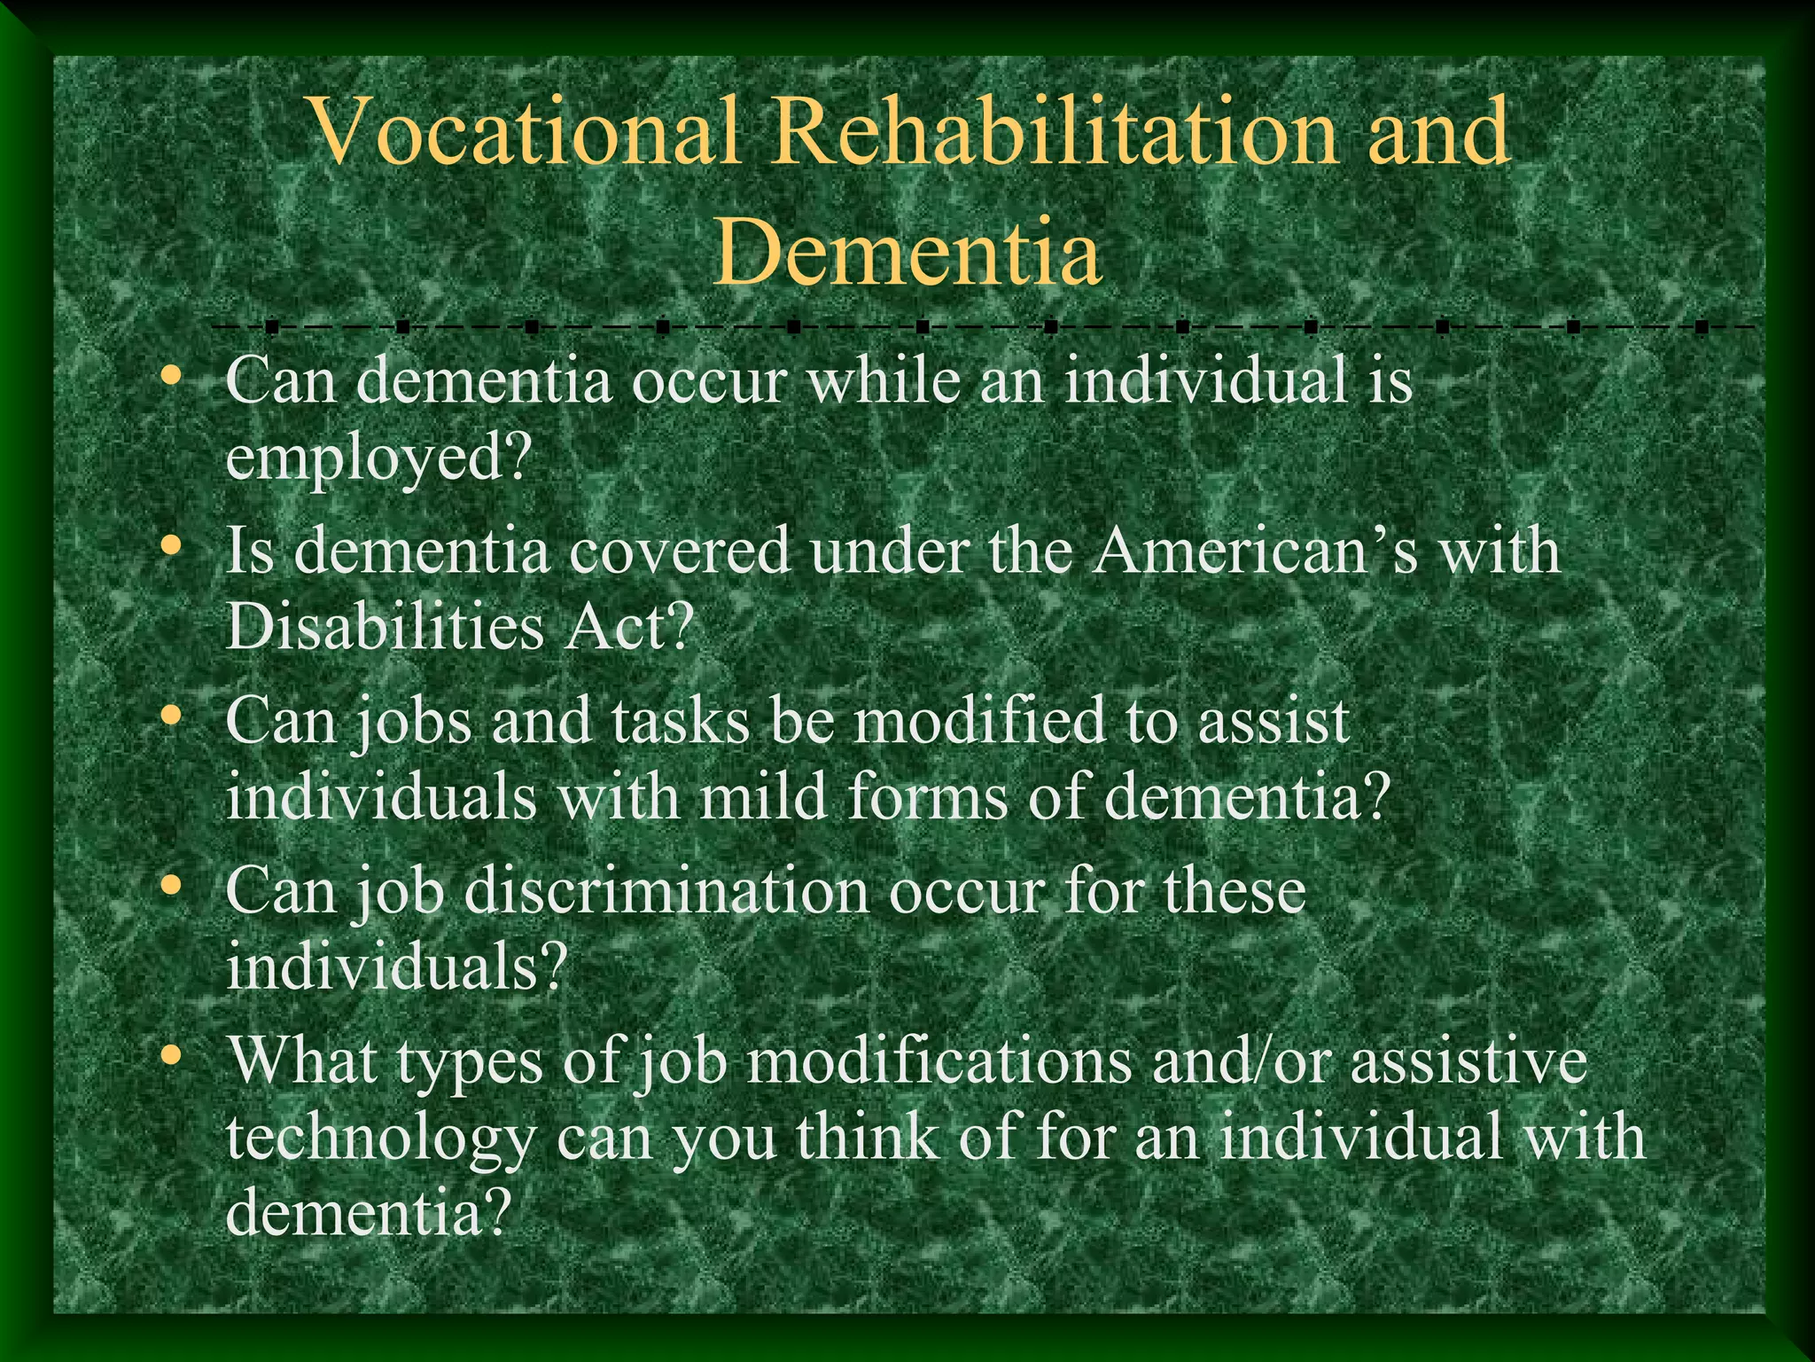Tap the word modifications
[x=939, y=1061]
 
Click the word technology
[x=381, y=1139]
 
